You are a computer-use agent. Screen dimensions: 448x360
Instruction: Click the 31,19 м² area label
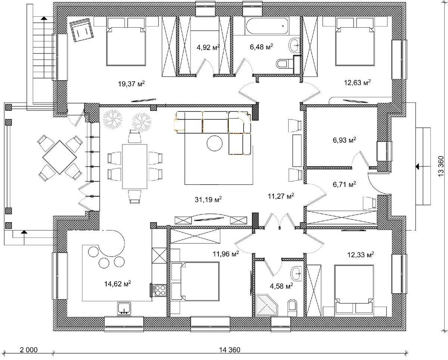coord(208,199)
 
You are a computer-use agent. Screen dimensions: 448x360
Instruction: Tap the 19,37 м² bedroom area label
coord(131,84)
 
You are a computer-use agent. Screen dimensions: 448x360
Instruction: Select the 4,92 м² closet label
coord(208,47)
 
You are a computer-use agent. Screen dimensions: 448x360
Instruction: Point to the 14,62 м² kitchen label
coord(118,283)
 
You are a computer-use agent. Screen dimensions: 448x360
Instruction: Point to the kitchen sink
coord(124,308)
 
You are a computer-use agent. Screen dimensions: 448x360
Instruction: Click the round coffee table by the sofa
coord(215,143)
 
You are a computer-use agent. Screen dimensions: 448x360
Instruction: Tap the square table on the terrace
coord(59,157)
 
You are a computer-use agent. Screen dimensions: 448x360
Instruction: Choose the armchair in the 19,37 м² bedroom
coord(81,30)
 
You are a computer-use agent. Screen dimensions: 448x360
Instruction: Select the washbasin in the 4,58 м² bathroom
coord(296,274)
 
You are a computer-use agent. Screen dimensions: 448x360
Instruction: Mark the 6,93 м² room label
coord(344,140)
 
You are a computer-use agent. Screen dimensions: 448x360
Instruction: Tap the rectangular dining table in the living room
coord(135,166)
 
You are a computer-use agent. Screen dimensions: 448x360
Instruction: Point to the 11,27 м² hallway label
coord(281,196)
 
